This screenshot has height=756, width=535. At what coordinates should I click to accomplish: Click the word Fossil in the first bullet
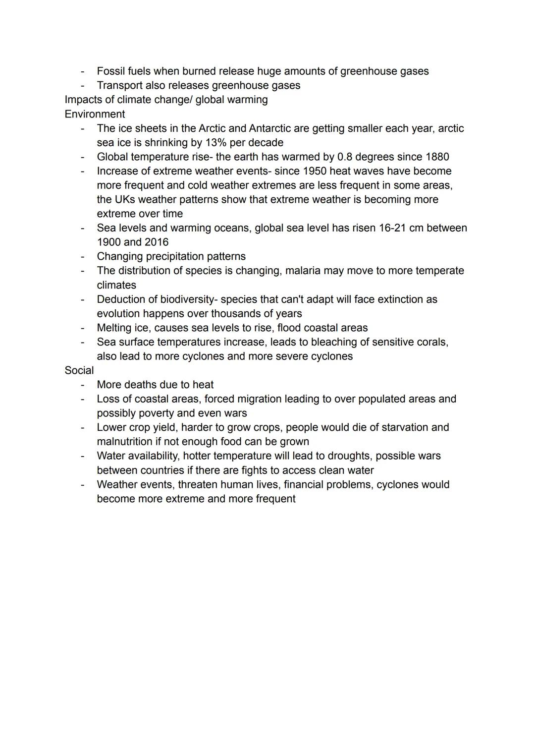(110, 71)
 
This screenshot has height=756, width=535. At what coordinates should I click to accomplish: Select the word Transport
(119, 85)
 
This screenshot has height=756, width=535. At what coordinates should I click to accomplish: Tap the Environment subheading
(95, 114)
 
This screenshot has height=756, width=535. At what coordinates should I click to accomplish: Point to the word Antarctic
(269, 128)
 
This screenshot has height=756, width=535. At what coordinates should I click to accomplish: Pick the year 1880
(437, 157)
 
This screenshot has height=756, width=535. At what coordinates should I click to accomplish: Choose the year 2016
(157, 242)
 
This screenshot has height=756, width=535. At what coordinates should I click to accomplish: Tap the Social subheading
(79, 371)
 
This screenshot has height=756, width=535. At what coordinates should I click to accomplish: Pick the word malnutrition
(124, 442)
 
